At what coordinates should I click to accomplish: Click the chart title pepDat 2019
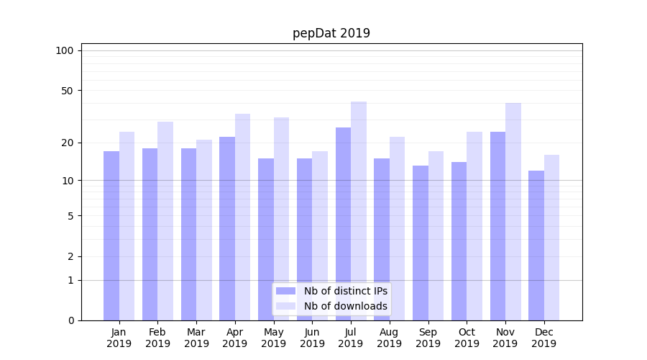click(x=331, y=33)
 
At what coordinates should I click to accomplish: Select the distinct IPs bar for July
click(x=343, y=224)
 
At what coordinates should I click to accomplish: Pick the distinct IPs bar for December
click(x=536, y=246)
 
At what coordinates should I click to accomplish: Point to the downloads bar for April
click(x=243, y=217)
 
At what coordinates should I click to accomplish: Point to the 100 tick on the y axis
click(x=65, y=50)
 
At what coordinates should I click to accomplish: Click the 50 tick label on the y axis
click(x=67, y=91)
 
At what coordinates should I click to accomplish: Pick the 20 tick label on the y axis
click(x=67, y=143)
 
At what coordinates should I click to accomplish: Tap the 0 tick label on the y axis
click(x=70, y=320)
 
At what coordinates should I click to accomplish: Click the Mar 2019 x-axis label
click(x=196, y=338)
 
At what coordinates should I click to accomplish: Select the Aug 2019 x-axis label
click(x=390, y=338)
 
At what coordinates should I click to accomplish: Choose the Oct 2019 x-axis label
click(x=467, y=338)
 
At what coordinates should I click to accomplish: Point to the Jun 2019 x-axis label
click(x=312, y=338)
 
